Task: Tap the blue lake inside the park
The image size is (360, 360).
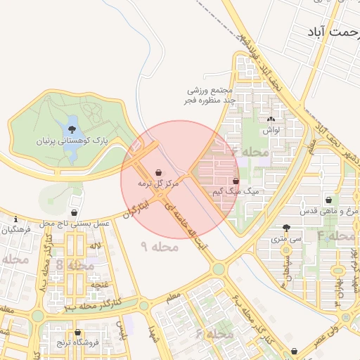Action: (72, 131)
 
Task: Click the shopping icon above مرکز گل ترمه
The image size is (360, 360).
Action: (159, 172)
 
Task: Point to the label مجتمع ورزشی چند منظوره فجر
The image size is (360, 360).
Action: (209, 96)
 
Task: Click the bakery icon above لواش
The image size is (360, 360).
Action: (271, 120)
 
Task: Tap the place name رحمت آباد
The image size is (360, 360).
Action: (333, 33)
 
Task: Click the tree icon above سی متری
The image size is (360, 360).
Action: (285, 228)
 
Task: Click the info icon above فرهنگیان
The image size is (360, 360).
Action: (15, 219)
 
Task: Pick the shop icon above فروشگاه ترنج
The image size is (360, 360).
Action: (77, 333)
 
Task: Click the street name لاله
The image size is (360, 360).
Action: (95, 245)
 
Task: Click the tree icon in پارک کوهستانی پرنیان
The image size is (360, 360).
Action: (72, 129)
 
